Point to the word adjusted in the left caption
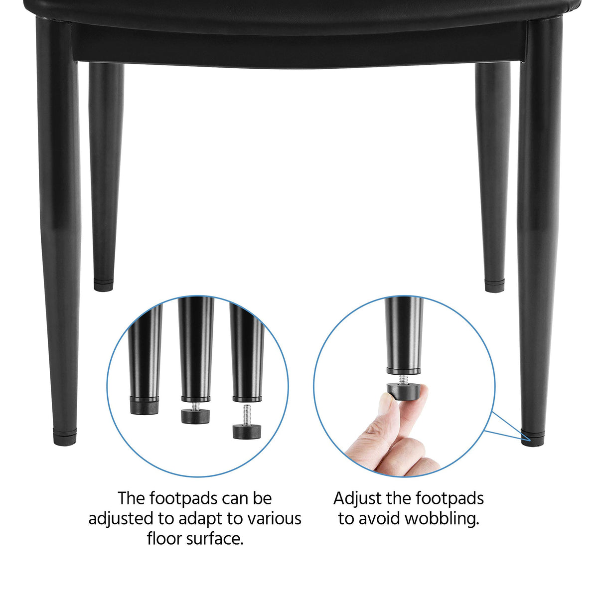pos(122,519)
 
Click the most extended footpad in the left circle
pos(246,430)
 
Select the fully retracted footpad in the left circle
pos(145,406)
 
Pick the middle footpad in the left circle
pos(195,415)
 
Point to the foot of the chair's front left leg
pos(65,438)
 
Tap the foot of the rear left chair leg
pos(103,286)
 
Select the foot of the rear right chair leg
pos(494,287)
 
